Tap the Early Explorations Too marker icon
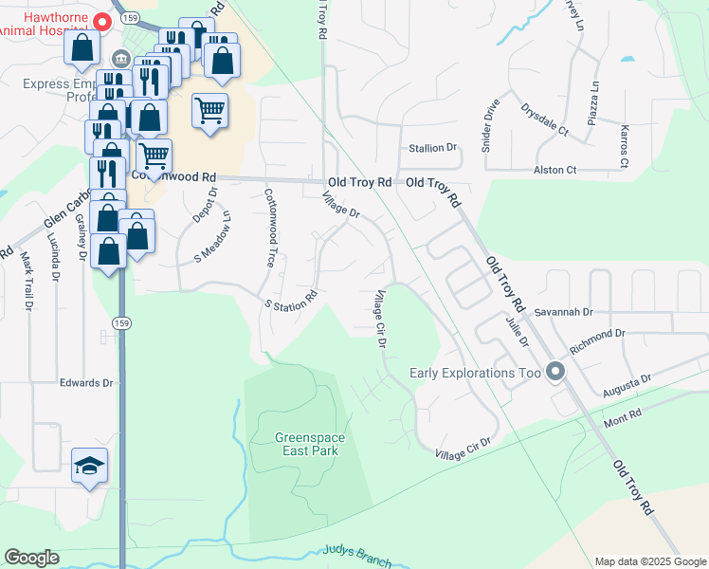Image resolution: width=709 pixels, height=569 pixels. [x=555, y=372]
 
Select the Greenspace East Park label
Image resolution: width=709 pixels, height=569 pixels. [x=307, y=444]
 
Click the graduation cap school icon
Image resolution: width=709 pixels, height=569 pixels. [x=89, y=466]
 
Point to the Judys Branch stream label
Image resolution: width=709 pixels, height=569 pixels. [x=356, y=555]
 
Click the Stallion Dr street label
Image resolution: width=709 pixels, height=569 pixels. [x=432, y=148]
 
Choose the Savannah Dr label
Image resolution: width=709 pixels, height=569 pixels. [x=562, y=311]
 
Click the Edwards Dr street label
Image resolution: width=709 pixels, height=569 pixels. [x=86, y=383]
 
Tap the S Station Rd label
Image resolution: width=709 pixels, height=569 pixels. [x=290, y=300]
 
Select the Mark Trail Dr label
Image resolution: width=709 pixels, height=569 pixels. [x=27, y=282]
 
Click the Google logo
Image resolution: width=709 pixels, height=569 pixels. [x=31, y=558]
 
